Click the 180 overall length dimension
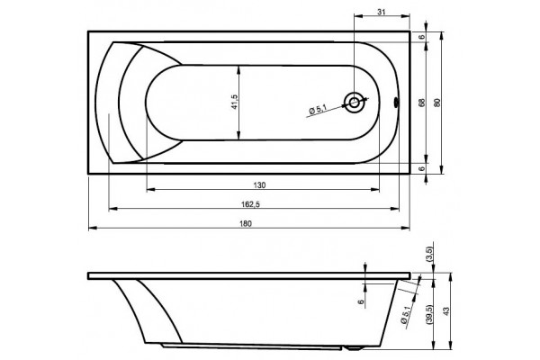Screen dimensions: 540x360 246,223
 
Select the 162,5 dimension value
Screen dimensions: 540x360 250,204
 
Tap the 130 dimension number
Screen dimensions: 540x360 260,185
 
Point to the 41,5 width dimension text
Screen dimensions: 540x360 235,102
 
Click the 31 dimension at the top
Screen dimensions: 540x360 382,12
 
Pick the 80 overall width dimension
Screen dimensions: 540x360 437,103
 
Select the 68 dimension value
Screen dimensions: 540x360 422,103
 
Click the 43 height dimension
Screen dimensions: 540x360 446,311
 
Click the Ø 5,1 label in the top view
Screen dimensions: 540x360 317,110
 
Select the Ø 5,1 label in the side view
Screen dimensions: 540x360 405,314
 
